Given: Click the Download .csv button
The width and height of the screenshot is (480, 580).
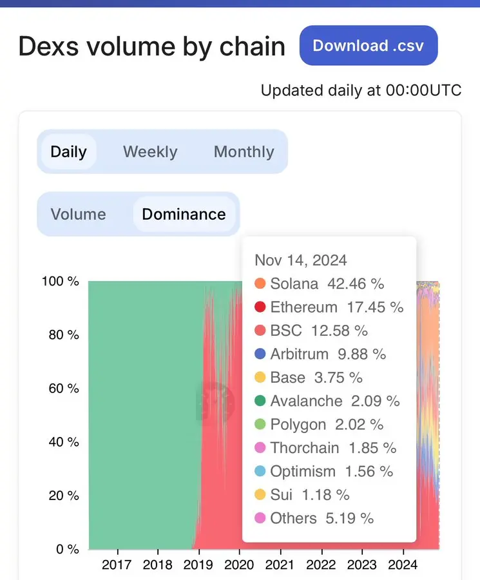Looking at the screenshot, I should click(x=369, y=46).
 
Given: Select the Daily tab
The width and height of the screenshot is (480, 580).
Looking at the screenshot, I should click(x=68, y=152).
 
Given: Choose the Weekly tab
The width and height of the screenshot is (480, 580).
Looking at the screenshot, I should click(x=150, y=152).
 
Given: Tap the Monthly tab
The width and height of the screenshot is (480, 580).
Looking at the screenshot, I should click(x=244, y=152).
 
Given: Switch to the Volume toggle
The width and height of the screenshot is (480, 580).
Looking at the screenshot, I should click(x=78, y=215).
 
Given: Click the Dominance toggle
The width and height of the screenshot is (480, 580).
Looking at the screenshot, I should click(x=184, y=215).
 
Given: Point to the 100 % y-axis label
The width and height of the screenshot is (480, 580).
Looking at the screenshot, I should click(x=60, y=282).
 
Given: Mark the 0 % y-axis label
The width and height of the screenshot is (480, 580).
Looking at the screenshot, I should click(x=66, y=549).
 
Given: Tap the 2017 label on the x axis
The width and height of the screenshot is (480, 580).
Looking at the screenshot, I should click(x=117, y=565).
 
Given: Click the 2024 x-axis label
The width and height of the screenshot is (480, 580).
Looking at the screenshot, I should click(x=403, y=565).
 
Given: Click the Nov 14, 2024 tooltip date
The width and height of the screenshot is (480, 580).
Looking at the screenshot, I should click(x=301, y=260).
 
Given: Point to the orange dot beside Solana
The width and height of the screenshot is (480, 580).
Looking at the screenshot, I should click(x=260, y=284).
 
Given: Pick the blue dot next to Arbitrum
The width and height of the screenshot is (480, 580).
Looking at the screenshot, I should click(x=260, y=354).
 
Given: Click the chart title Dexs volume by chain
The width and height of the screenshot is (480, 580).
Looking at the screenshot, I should click(x=151, y=47).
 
